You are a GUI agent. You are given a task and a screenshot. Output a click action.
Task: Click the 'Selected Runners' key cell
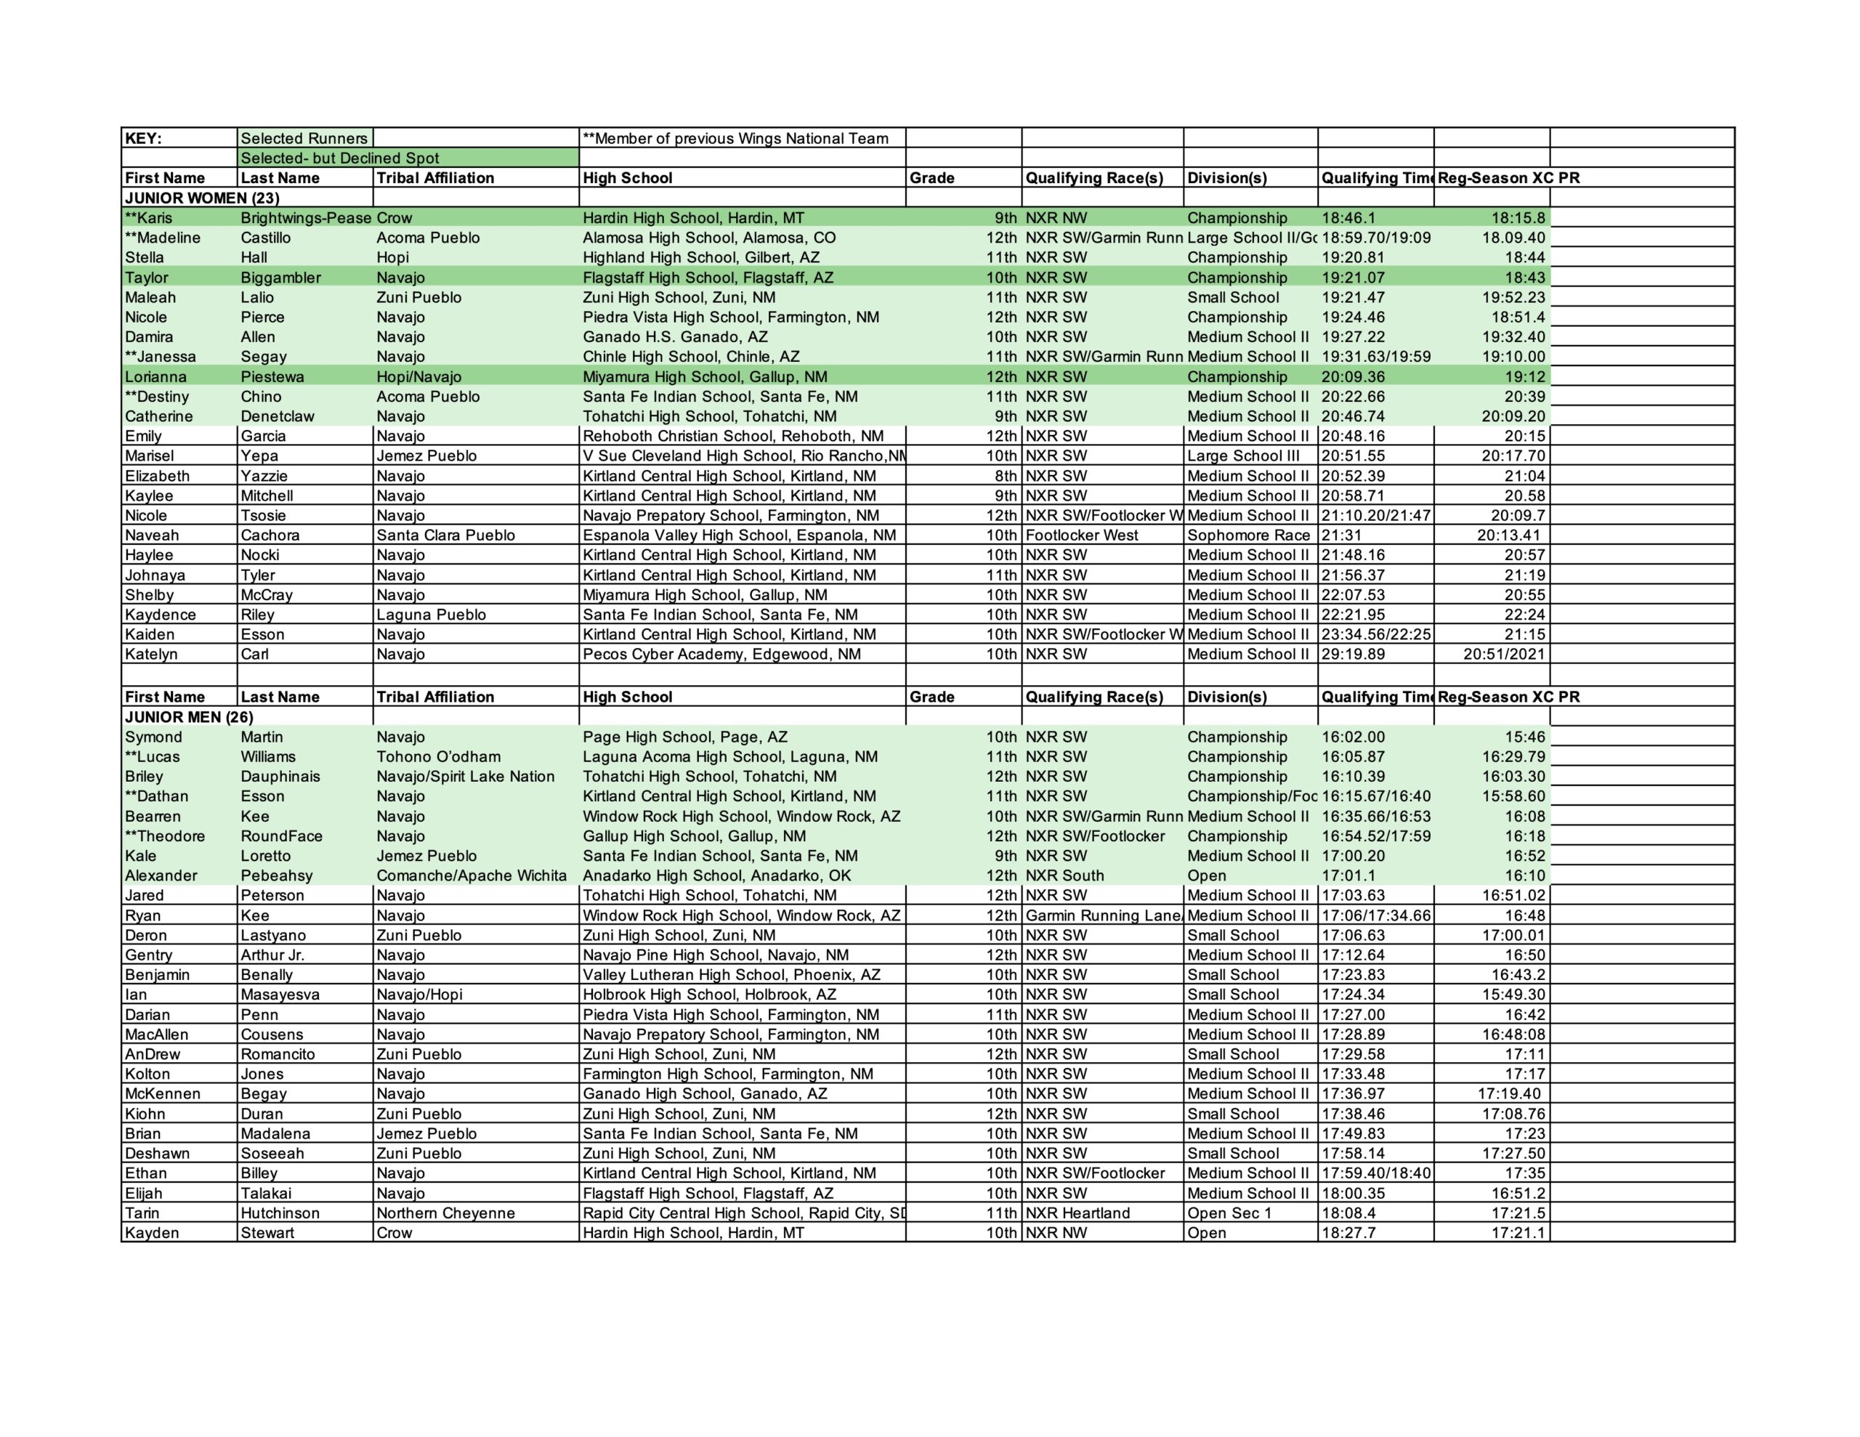304,138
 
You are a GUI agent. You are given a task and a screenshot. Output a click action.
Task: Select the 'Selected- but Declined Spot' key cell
340,158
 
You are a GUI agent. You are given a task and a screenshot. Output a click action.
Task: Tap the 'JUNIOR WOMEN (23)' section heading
202,198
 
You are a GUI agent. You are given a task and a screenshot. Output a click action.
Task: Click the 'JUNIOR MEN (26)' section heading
189,716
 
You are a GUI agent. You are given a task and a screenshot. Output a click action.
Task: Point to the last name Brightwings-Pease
306,217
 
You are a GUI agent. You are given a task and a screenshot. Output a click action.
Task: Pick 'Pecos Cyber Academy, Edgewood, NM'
721,654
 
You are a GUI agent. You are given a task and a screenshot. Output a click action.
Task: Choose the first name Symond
153,737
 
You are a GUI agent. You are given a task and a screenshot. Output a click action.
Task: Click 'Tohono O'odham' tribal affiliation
439,756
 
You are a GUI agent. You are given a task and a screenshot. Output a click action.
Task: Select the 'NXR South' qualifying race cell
1064,875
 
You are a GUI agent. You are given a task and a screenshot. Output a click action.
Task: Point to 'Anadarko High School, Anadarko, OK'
716,875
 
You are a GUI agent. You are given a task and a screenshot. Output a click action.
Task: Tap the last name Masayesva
280,994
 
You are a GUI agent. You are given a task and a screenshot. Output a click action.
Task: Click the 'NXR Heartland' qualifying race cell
1077,1213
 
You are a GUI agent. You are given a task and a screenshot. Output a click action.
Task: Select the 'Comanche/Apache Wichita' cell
471,875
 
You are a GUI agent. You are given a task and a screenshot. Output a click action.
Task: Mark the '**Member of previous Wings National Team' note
735,138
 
